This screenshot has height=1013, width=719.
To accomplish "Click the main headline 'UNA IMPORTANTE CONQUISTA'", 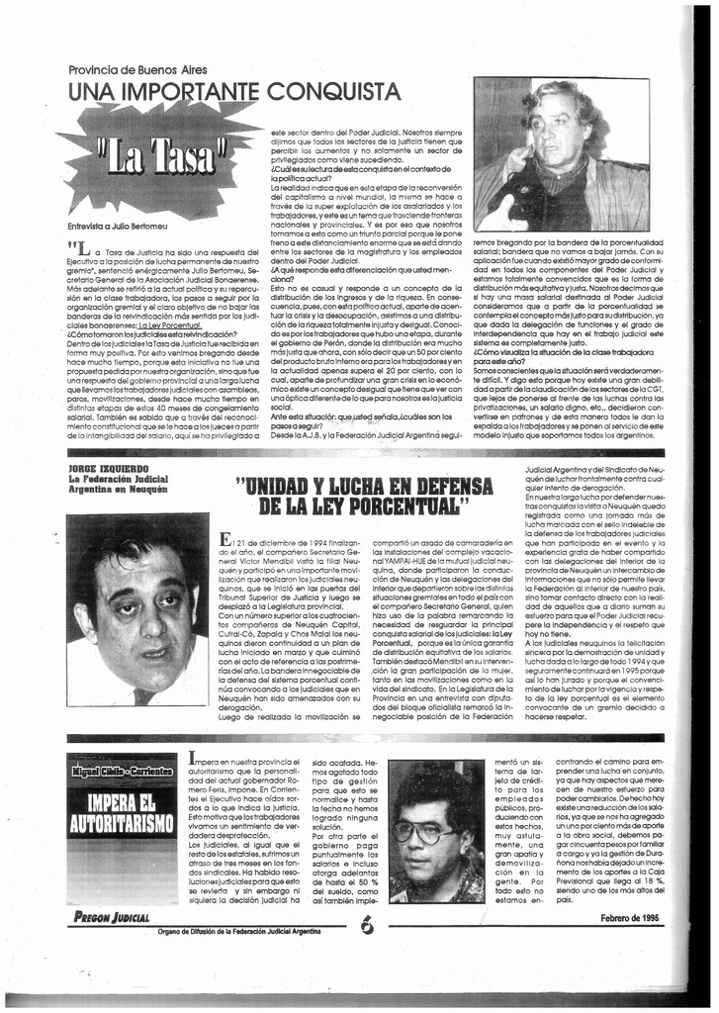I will (234, 92).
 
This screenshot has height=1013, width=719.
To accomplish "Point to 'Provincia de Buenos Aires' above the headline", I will (137, 69).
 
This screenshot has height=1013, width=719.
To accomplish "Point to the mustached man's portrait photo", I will (136, 609).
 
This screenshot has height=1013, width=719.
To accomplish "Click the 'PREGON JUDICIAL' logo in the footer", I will (111, 916).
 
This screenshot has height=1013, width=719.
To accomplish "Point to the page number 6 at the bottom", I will (367, 925).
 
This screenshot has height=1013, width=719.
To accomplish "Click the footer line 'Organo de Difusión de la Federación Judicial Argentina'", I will (252, 931).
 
